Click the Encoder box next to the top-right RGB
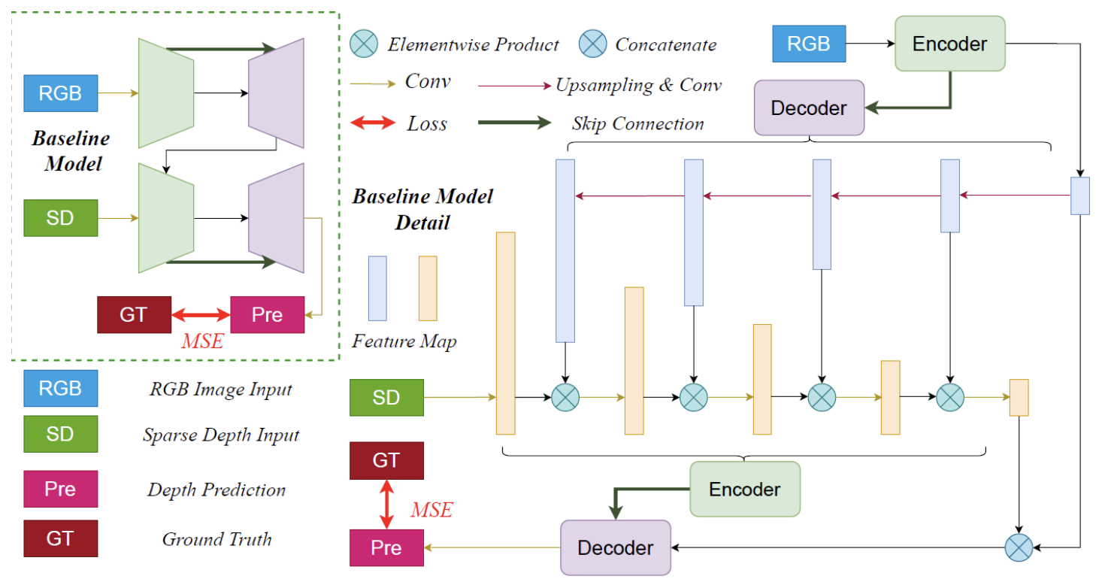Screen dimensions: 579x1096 [x=949, y=44]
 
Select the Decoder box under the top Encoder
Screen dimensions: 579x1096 [x=809, y=108]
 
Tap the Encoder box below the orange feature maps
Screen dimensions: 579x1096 [x=744, y=489]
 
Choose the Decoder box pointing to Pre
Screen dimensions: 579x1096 [x=615, y=547]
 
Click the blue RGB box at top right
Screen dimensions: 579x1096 [x=809, y=44]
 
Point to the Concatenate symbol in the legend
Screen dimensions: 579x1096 [x=592, y=44]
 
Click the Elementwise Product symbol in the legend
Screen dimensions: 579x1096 [x=365, y=44]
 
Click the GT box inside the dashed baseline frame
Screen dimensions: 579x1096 [x=134, y=314]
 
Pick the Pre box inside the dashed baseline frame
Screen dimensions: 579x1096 [x=267, y=314]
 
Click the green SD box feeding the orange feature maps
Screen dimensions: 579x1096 [x=386, y=397]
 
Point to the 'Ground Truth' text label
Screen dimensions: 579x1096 [x=216, y=539]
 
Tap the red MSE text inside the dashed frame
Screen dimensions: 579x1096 [x=201, y=341]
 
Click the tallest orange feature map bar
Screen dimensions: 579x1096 [x=505, y=333]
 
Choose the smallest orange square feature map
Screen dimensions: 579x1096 [x=1019, y=398]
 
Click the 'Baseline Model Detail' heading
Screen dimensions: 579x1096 [x=422, y=209]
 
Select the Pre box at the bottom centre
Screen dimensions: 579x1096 [x=386, y=547]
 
